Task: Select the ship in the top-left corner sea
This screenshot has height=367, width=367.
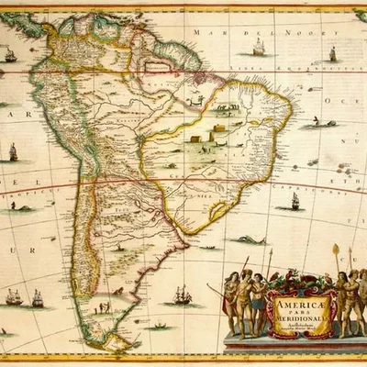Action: [10, 54]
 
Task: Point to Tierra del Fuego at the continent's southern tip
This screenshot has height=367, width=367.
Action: [117, 343]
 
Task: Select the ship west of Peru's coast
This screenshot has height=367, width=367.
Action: [13, 151]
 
